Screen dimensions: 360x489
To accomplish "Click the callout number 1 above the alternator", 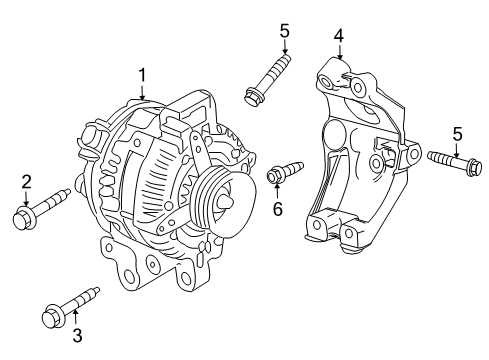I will (142, 73).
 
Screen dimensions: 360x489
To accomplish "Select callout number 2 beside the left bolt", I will (27, 180).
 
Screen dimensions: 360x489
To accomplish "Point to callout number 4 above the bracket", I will (339, 36).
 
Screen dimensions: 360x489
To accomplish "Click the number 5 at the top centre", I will (285, 30).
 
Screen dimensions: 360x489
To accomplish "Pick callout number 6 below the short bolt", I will (278, 209).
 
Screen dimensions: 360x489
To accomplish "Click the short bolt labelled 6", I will (283, 172).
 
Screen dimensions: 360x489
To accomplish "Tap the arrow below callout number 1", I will (142, 92).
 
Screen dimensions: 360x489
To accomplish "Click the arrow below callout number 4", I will (339, 54).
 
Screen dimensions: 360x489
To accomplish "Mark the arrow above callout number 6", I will (278, 191).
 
